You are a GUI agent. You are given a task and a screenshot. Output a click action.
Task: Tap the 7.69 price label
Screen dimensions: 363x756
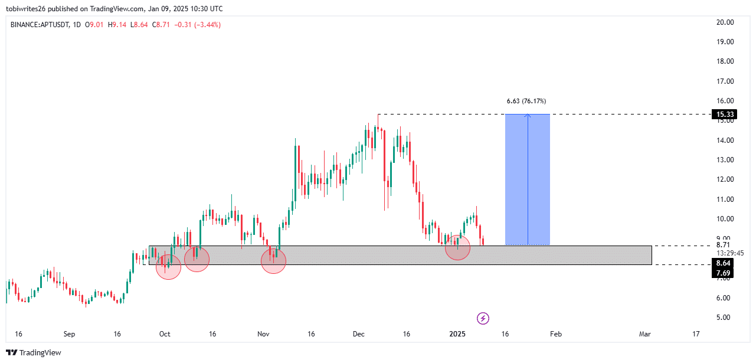724,273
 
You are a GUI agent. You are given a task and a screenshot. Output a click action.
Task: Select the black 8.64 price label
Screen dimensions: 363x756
724,263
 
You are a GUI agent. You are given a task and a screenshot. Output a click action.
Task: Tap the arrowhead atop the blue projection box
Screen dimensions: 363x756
528,116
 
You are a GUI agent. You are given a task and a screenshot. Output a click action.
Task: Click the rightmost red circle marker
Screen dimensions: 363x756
457,247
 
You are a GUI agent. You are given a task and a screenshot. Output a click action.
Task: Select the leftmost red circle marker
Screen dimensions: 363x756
168,267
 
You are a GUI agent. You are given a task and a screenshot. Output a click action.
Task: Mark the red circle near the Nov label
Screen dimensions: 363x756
273,261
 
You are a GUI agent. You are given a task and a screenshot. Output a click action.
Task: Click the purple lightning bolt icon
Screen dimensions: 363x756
483,319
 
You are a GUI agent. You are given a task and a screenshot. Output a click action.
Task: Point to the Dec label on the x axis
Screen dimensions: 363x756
358,334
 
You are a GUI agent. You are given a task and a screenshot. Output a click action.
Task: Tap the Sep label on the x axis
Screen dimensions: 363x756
70,334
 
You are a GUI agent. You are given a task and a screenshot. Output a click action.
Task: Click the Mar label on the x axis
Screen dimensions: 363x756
644,334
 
